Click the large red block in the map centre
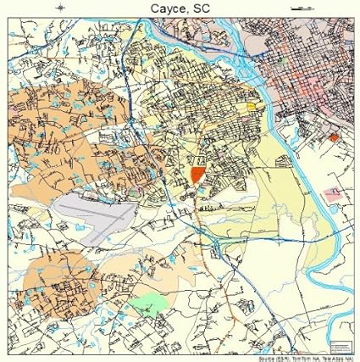pyautogui.click(x=198, y=174)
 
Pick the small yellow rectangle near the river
pyautogui.click(x=252, y=108)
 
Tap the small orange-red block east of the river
pyautogui.click(x=334, y=136)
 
